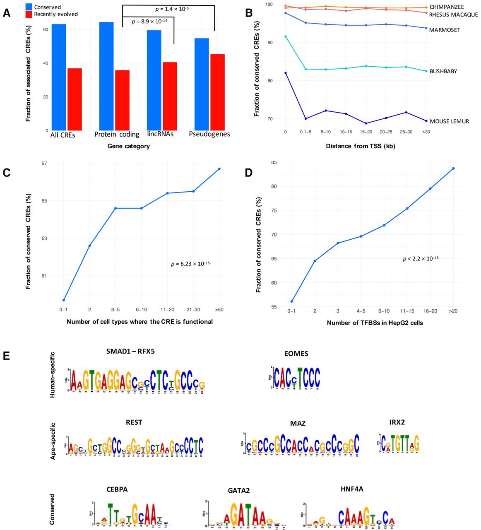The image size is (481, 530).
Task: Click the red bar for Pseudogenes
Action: (218, 92)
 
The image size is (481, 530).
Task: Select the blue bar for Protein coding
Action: (106, 77)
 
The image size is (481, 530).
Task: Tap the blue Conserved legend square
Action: (29, 7)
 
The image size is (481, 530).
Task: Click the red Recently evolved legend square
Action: (29, 14)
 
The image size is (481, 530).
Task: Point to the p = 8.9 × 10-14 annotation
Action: (149, 22)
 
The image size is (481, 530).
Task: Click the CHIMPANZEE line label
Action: (447, 7)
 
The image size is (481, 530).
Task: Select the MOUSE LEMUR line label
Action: (449, 121)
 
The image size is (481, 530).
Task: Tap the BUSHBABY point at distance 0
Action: (286, 36)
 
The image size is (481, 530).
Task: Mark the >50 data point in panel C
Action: (219, 169)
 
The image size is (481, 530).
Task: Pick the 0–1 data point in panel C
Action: (63, 300)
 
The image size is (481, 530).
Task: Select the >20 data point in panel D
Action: (453, 169)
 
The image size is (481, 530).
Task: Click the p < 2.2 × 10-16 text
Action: (421, 259)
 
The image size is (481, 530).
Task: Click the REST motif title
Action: (134, 422)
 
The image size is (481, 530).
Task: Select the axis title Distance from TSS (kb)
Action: (360, 146)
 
